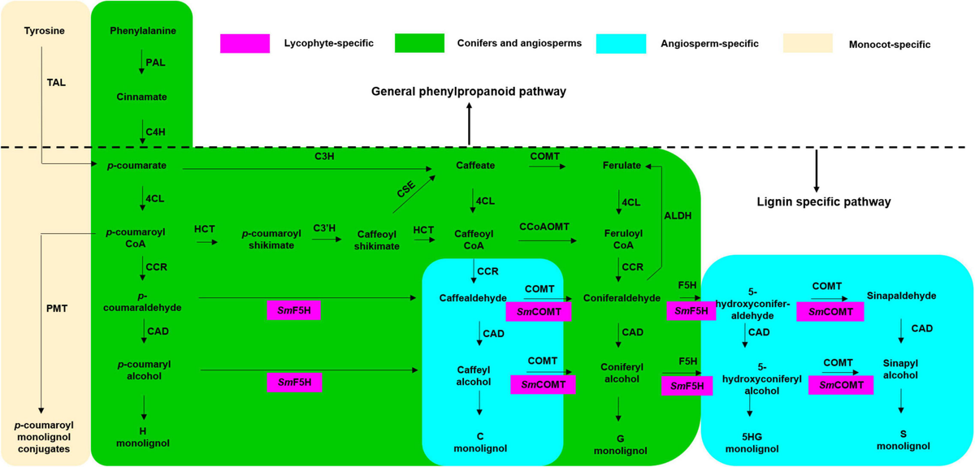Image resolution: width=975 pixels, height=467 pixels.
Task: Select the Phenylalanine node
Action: click(x=142, y=31)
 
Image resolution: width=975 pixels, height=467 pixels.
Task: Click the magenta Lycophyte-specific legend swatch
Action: click(x=245, y=42)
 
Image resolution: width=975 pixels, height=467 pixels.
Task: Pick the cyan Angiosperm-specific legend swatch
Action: click(x=620, y=42)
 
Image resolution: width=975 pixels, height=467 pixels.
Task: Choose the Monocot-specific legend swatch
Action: click(x=809, y=42)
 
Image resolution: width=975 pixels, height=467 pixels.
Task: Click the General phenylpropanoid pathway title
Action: click(x=469, y=92)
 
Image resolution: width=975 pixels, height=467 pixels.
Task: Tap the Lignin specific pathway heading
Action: click(x=822, y=201)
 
